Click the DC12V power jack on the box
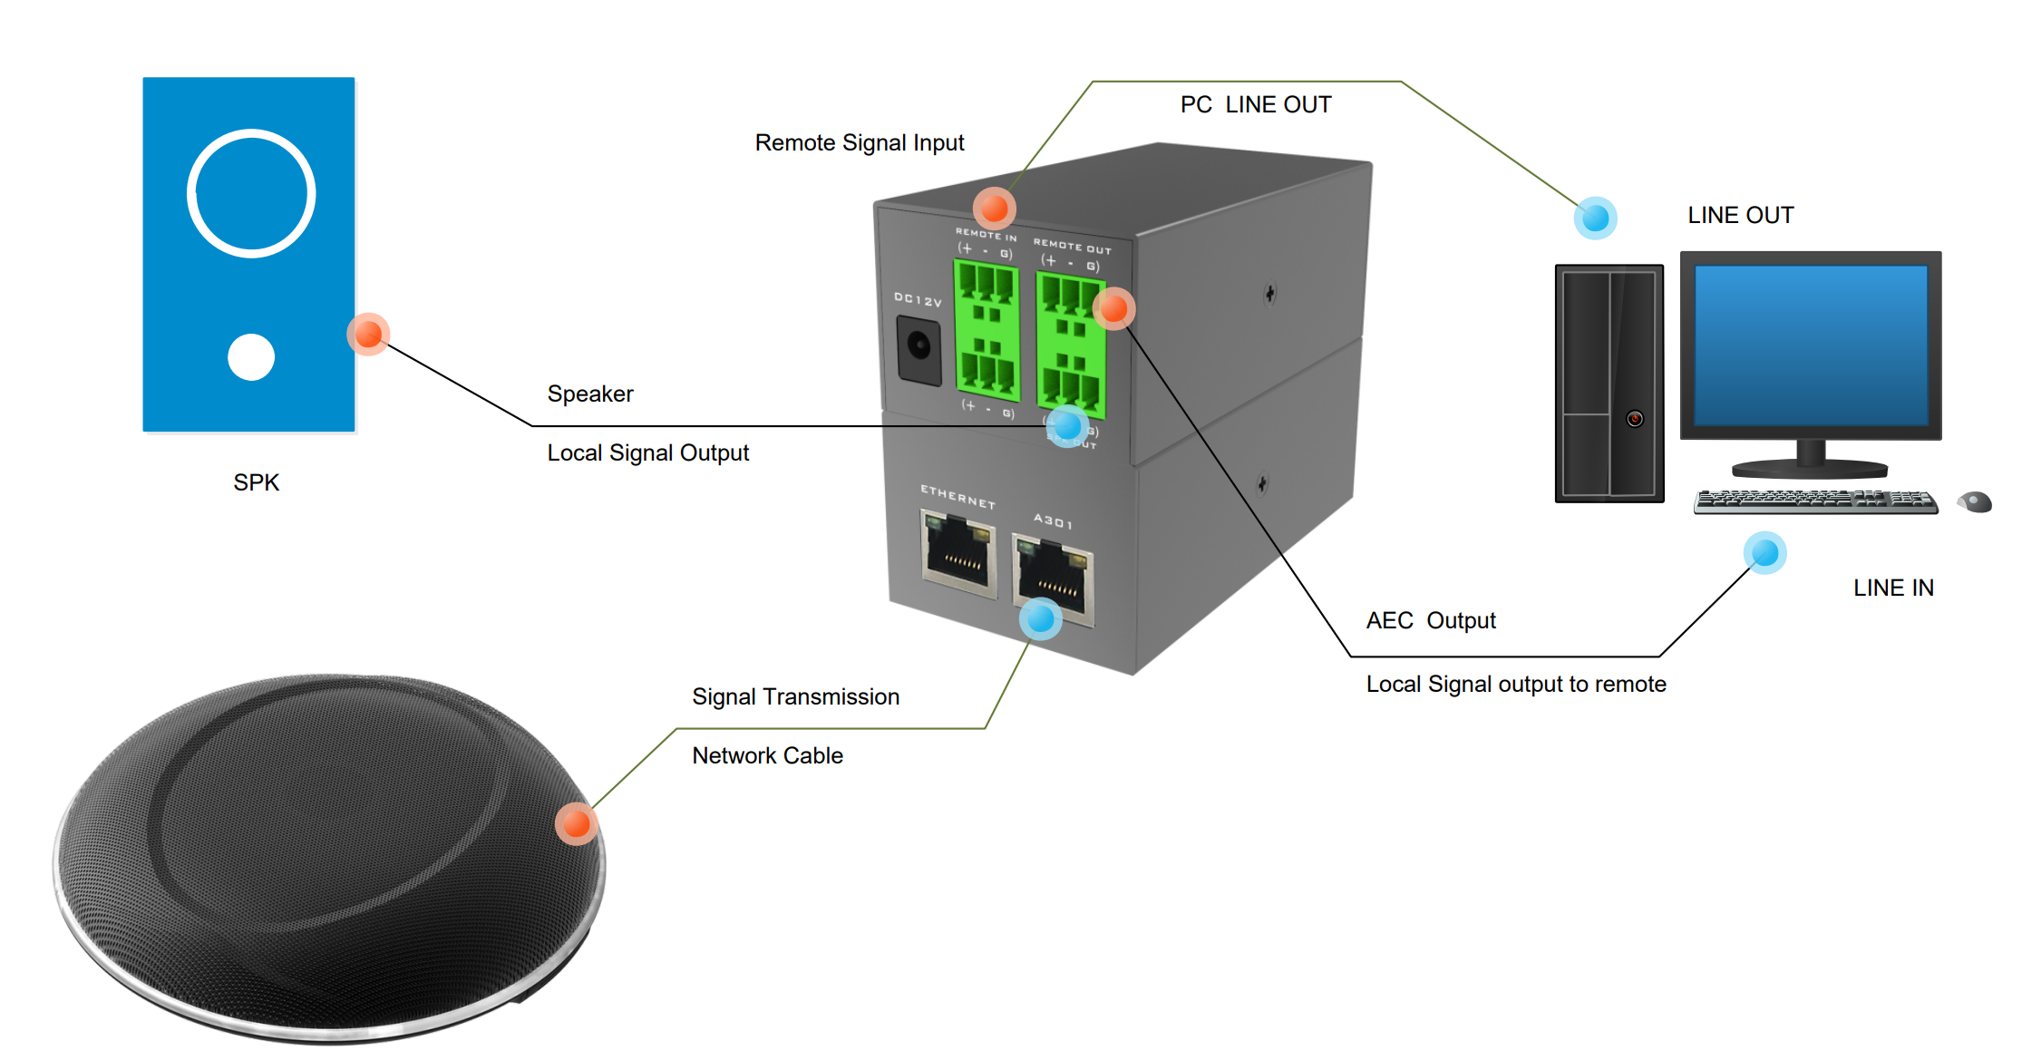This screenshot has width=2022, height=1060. click(919, 347)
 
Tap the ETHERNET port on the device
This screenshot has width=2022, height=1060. click(958, 552)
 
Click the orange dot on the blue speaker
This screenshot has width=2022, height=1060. click(368, 334)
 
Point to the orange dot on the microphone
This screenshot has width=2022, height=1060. click(577, 823)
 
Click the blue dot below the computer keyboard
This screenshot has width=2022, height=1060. click(1764, 552)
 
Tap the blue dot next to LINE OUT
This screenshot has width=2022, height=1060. click(1595, 218)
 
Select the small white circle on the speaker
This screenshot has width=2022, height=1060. click(251, 357)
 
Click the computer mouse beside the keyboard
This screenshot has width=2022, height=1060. click(1976, 501)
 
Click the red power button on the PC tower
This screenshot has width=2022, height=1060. click(1635, 419)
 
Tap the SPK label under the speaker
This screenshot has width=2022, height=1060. click(256, 482)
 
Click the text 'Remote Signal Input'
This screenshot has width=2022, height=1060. click(859, 143)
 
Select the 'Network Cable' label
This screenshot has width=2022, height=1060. click(767, 755)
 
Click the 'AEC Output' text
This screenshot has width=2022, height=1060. click(1430, 620)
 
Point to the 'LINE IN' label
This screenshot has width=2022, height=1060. click(1893, 588)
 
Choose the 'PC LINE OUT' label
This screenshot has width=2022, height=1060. click(1255, 105)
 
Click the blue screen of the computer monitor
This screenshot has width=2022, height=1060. click(1811, 345)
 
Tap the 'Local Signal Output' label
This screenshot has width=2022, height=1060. click(647, 452)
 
